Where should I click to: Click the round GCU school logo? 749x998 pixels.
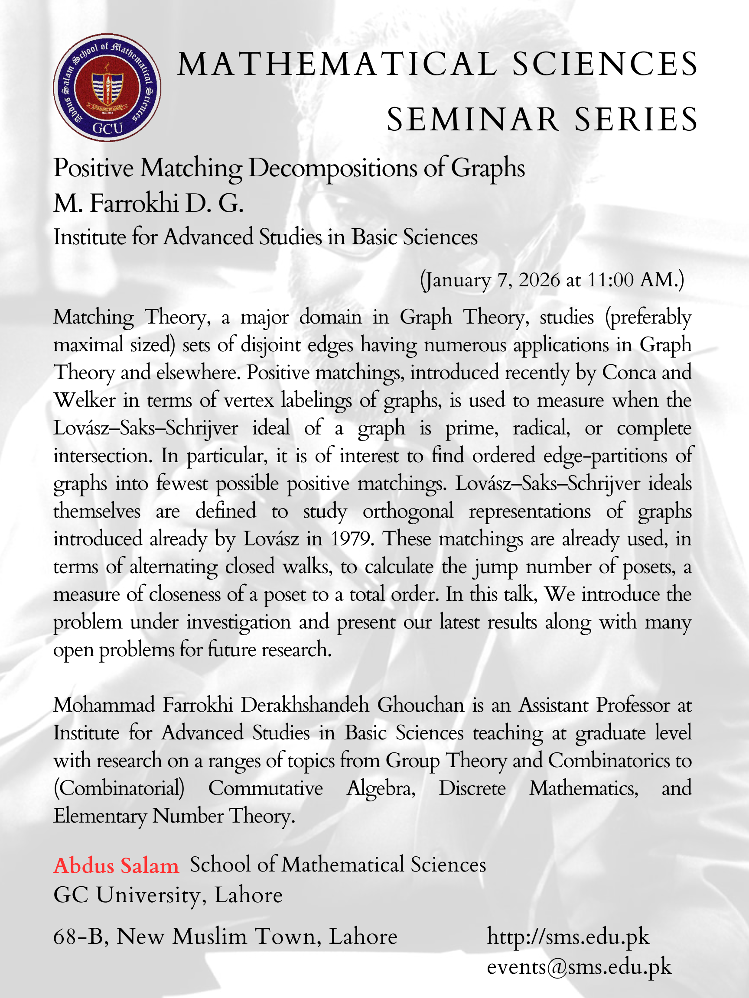pyautogui.click(x=107, y=87)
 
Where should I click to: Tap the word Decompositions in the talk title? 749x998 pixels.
pyautogui.click(x=333, y=168)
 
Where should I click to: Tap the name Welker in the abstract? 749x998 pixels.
pyautogui.click(x=85, y=401)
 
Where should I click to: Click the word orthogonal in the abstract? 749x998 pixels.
pyautogui.click(x=408, y=511)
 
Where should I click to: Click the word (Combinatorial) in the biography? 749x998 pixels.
pyautogui.click(x=119, y=789)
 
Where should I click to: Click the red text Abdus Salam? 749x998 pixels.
pyautogui.click(x=116, y=866)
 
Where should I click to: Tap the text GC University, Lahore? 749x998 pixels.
pyautogui.click(x=168, y=895)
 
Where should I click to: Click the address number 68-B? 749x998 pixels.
pyautogui.click(x=80, y=937)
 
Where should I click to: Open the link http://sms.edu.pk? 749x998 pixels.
pyautogui.click(x=567, y=937)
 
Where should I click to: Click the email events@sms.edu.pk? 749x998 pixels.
pyautogui.click(x=579, y=967)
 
